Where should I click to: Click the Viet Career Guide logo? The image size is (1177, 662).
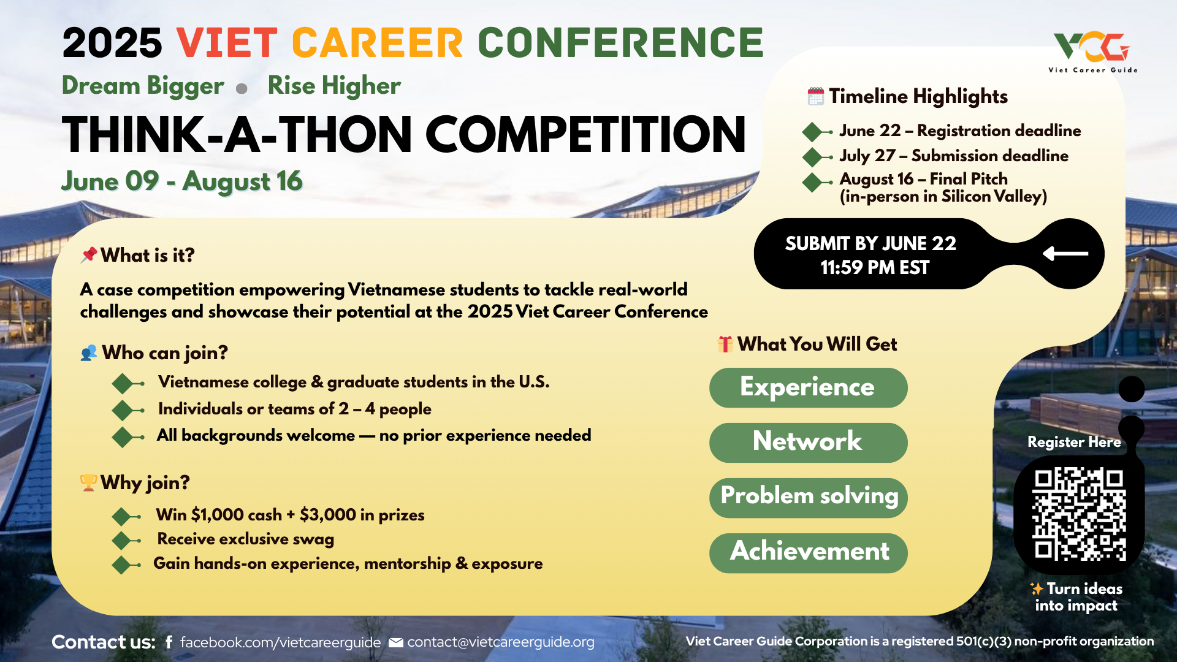coord(1092,53)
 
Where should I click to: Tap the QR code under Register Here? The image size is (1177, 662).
coord(1079,514)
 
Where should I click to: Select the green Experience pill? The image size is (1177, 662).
coord(808,387)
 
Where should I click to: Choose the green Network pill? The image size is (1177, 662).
coord(808,443)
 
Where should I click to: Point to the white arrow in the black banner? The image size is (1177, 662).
coord(1065,253)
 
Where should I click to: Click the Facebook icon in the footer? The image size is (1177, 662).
coord(169,642)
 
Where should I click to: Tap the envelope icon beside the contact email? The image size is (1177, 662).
coord(396,642)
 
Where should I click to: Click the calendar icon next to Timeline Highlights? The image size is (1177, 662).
coord(815,96)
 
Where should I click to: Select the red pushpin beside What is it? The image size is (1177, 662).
coord(89,254)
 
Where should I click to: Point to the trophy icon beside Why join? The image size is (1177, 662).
coord(88,482)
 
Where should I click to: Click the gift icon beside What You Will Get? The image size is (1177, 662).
coord(725,344)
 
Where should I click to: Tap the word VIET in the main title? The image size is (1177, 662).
coord(227,43)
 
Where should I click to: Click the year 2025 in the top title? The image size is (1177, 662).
coord(112,43)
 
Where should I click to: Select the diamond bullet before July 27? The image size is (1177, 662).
coord(813,157)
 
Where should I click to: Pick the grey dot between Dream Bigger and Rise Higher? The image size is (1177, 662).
coord(242,88)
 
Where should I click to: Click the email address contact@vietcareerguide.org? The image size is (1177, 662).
coord(501,642)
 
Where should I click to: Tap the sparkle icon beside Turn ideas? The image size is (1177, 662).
coord(1037,588)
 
